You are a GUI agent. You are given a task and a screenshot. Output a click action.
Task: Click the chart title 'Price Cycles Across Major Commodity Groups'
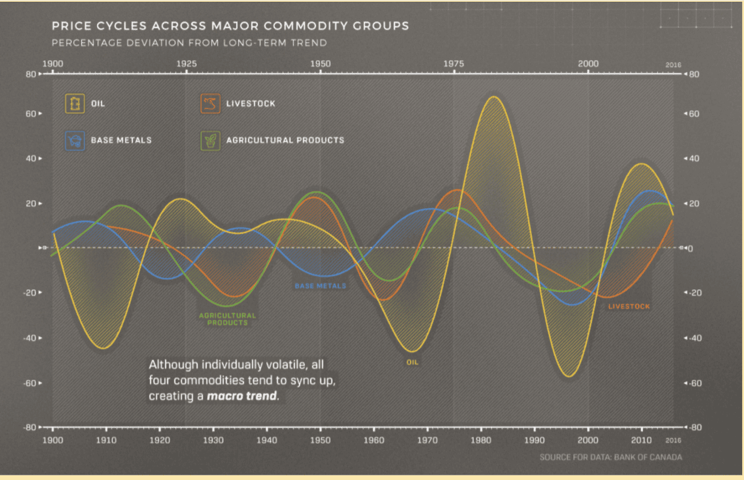coord(230,26)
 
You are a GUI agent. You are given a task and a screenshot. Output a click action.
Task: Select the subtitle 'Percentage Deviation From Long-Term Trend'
coord(189,43)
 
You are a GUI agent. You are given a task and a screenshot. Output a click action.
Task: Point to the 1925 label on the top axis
coord(186,63)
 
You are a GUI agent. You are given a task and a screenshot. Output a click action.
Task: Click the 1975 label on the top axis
coord(454,63)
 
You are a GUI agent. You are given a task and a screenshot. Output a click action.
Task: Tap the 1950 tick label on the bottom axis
coord(320,440)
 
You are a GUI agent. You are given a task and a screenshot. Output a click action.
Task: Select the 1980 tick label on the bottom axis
coord(481,440)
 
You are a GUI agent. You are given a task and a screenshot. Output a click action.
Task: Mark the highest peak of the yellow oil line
coord(493,97)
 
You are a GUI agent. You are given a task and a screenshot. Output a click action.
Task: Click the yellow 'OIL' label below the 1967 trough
coord(412,363)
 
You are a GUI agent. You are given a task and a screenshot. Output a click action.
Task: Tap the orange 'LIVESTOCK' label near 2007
coord(629,307)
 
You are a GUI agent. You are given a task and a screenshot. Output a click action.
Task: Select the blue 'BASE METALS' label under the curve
coord(321,286)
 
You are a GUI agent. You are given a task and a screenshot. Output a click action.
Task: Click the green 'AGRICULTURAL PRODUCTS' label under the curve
coord(227,319)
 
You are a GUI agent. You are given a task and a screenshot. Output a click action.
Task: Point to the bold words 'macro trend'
coord(242,397)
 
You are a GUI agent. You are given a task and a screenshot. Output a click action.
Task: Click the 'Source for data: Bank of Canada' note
coord(610,457)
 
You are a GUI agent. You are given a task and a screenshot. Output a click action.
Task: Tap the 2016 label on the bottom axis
coord(673,440)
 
